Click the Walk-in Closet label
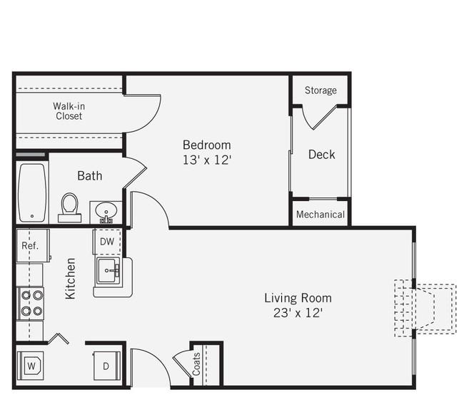[69, 111]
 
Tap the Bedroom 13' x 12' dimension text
[206, 160]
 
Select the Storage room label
[321, 90]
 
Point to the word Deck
[322, 155]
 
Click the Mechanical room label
[321, 215]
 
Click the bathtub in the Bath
[32, 192]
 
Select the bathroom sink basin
[106, 211]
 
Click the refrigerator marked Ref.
[33, 245]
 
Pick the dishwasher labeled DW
[107, 242]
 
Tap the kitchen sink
[108, 271]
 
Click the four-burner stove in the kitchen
[31, 303]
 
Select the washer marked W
[31, 366]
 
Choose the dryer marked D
[107, 366]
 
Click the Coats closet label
[196, 364]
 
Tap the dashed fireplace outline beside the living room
[425, 308]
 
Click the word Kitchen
[71, 279]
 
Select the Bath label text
[90, 176]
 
